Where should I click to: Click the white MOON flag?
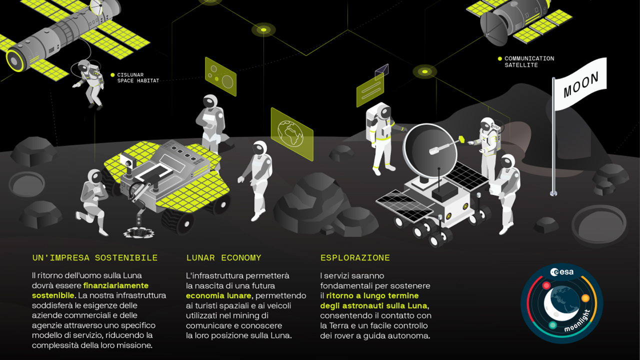coord(579,84)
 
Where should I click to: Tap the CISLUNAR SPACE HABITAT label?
coord(138,77)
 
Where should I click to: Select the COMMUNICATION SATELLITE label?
coord(529,61)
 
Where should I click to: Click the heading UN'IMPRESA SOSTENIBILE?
coord(95,257)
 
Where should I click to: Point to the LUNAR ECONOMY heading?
coord(223,257)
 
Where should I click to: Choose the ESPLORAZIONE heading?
coord(355,257)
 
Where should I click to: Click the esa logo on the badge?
coord(562,272)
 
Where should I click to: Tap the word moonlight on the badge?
coord(577,321)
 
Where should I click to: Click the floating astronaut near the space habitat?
coord(89,84)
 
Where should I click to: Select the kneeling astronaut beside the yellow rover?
coord(93,201)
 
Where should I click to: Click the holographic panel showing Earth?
coord(292,134)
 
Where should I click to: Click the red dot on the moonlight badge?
coord(546,285)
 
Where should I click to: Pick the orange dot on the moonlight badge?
coord(585,298)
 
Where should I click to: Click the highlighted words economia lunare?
coord(219,295)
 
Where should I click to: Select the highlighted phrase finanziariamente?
coord(116,285)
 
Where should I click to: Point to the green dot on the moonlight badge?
coord(552,325)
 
